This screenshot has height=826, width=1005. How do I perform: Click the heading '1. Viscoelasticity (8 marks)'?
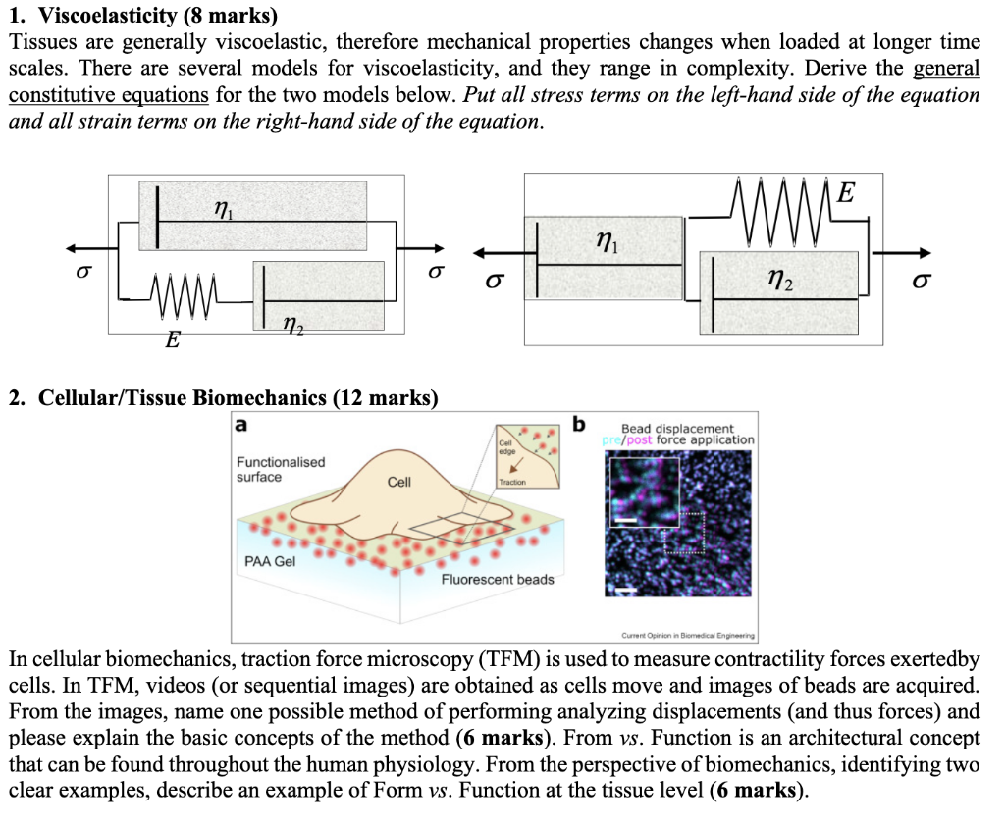coord(143,16)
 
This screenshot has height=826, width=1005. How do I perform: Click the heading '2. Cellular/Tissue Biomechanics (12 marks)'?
coord(223,398)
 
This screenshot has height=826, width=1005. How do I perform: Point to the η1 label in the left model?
coord(223,207)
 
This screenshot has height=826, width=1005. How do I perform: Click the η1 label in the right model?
coord(608,239)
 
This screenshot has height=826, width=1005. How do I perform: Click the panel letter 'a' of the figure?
coord(240,425)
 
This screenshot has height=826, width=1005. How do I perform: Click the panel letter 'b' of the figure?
coord(578,425)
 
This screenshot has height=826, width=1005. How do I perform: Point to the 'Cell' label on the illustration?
coord(399,483)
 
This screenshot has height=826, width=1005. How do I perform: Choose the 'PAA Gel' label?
coord(269,562)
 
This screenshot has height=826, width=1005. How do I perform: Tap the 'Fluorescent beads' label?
coord(498,580)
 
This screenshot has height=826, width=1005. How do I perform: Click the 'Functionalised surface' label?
coord(281,469)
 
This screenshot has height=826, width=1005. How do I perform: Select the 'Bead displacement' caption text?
coord(677,429)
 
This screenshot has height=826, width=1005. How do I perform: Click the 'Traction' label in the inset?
coord(512,482)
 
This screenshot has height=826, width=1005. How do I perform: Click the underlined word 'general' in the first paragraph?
coord(946,68)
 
